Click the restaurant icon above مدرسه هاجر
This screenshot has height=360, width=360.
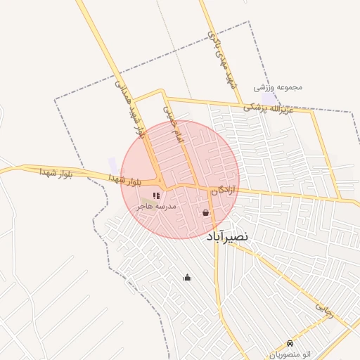[155, 195]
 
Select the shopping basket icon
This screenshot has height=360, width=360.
[205, 212]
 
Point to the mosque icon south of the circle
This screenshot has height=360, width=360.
[187, 277]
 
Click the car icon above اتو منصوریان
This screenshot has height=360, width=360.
[290, 343]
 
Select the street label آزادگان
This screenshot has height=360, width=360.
[224, 190]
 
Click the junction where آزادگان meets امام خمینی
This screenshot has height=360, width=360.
[198, 186]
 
